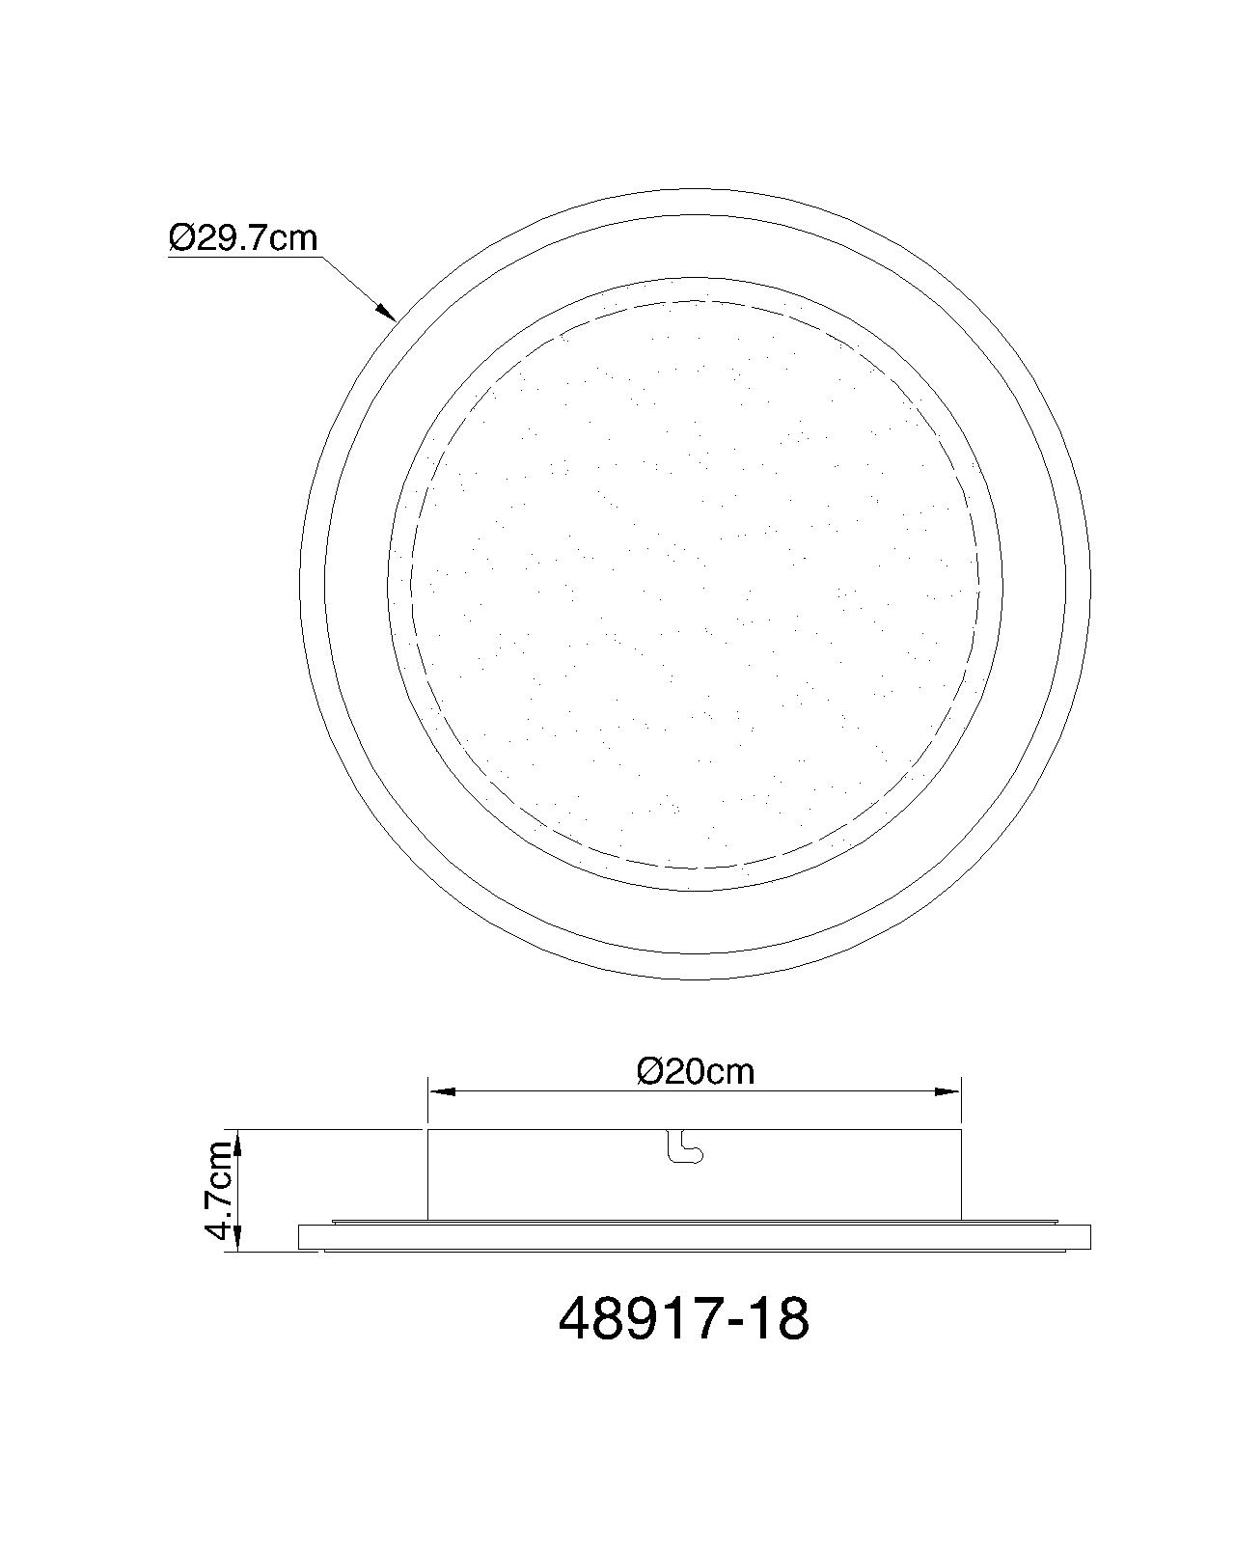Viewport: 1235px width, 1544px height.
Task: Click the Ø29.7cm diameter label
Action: [243, 237]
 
